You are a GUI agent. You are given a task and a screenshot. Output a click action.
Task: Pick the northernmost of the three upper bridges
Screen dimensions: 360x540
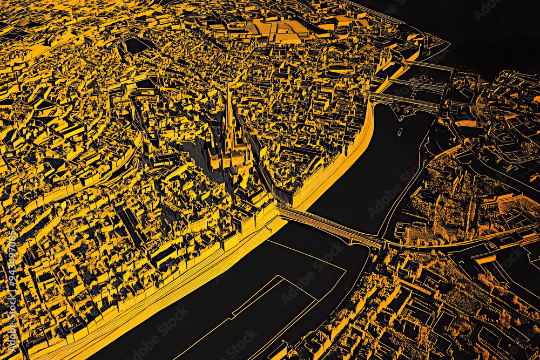[x=429, y=66]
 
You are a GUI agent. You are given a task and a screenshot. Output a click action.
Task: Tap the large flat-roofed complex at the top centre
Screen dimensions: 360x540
[x=281, y=30]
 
